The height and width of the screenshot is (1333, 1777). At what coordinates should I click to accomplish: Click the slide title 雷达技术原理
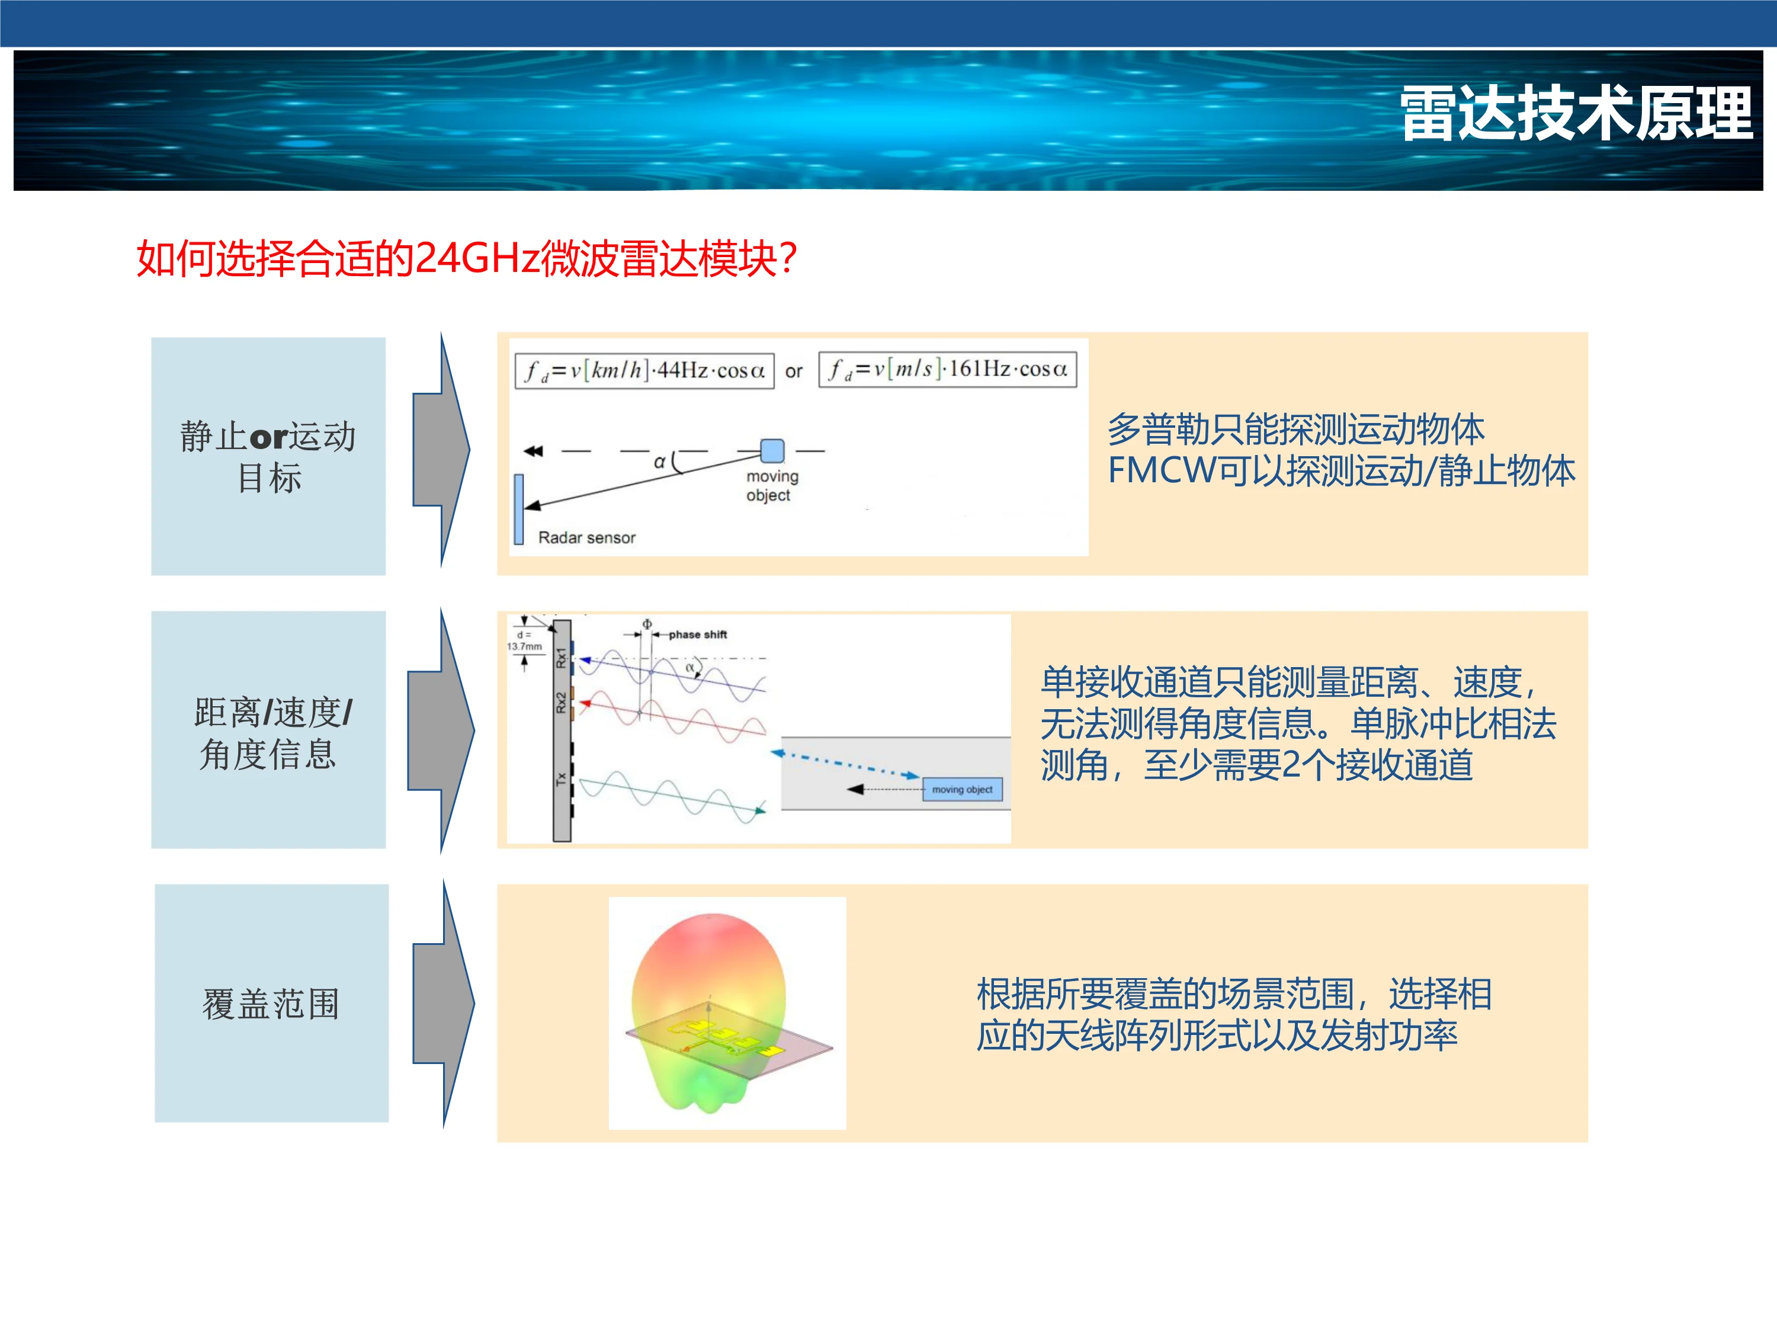1576,114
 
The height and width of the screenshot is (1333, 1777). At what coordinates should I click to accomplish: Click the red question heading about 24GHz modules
467,259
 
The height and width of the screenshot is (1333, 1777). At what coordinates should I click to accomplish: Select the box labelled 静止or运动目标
268,456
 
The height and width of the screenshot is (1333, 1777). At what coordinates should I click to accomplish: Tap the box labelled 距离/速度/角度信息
268,729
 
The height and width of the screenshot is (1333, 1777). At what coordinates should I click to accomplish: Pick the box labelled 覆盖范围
271,1003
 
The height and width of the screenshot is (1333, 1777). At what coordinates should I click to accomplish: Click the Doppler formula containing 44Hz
644,370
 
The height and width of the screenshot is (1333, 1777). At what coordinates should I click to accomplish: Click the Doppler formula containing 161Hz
948,369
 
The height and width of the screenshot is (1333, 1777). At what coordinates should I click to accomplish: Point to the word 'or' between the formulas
794,371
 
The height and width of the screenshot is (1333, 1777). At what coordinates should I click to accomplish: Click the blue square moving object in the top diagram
772,451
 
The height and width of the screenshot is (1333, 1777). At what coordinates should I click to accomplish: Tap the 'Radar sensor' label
586,537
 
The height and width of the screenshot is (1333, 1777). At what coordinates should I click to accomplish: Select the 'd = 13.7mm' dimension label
524,640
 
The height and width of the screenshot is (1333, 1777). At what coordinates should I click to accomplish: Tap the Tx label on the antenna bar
562,778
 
